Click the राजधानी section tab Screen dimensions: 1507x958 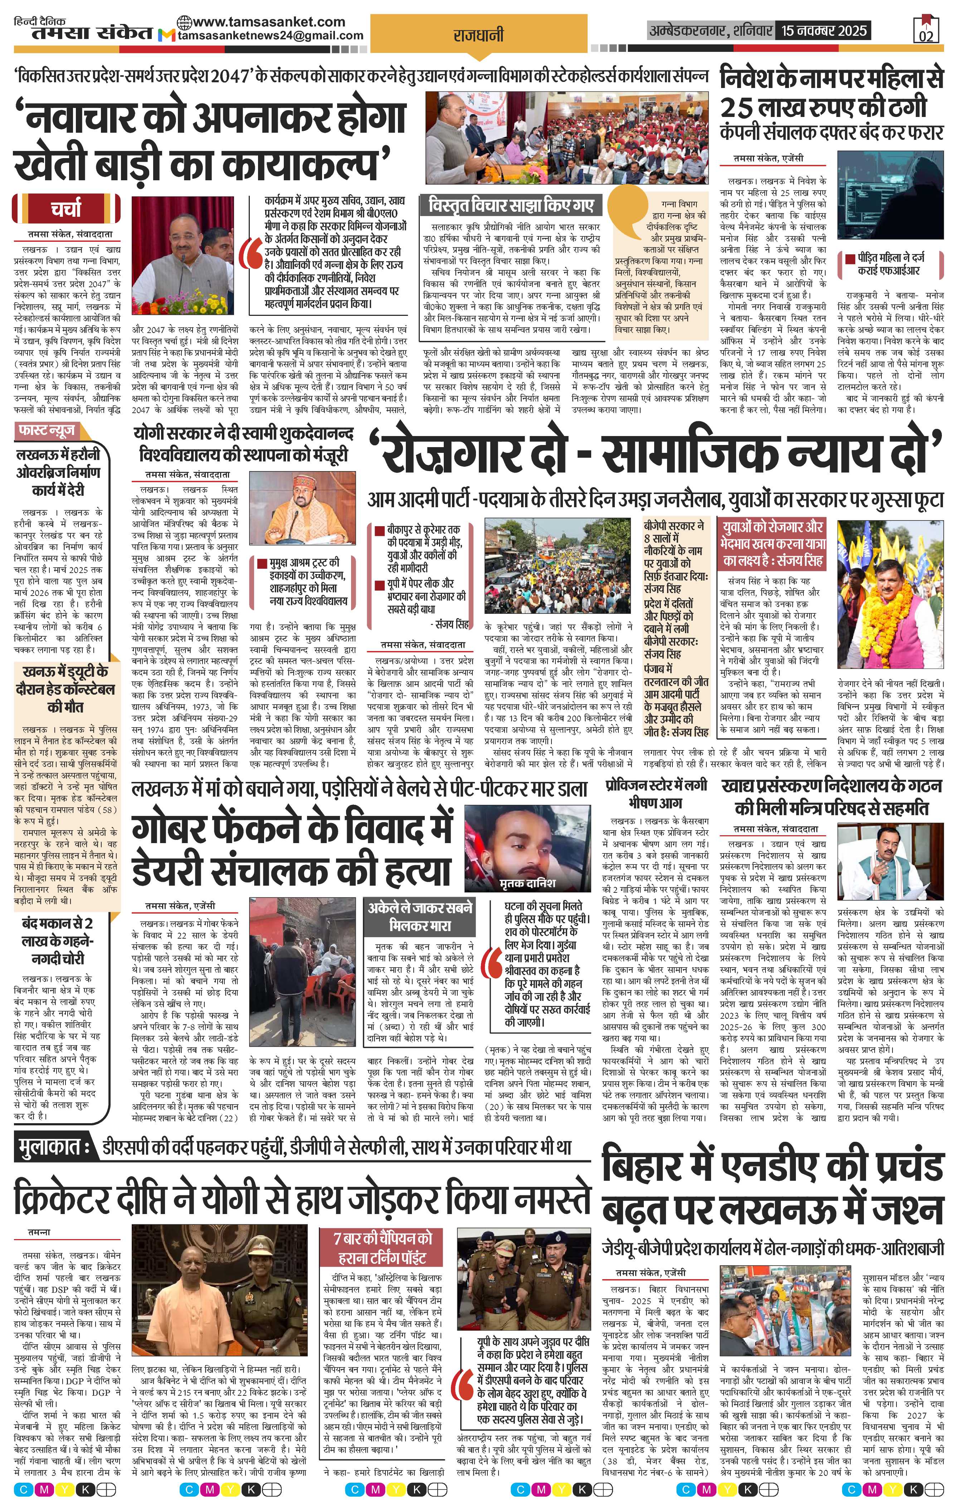pos(478,36)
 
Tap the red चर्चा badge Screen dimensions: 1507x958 pos(66,209)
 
